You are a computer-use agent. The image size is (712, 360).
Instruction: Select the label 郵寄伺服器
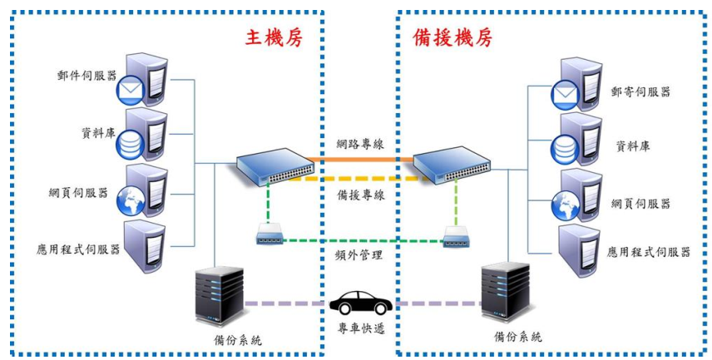[640, 91]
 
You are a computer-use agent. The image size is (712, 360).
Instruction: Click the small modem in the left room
[271, 235]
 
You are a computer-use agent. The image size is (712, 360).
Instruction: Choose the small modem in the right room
[458, 235]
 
